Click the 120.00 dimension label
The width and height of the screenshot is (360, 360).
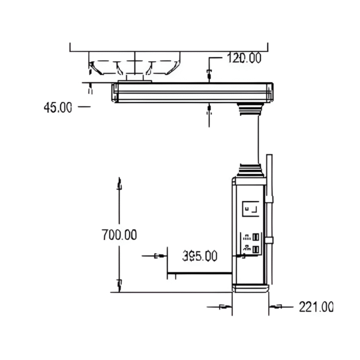click(x=244, y=58)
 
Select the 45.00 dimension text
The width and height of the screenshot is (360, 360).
click(x=58, y=107)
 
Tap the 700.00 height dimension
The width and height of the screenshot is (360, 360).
click(x=119, y=235)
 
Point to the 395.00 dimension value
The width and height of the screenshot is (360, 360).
click(x=200, y=256)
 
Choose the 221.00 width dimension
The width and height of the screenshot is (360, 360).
click(x=316, y=307)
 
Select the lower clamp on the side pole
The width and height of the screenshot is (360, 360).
click(x=269, y=241)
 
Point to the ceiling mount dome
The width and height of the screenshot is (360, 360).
click(x=134, y=65)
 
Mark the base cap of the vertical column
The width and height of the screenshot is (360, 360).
click(x=250, y=288)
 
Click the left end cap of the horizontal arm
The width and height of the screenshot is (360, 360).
click(x=114, y=92)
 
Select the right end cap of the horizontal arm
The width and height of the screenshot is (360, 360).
click(x=270, y=92)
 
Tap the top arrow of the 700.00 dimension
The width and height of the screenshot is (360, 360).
click(x=119, y=185)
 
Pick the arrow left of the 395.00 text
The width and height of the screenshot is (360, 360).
click(x=158, y=256)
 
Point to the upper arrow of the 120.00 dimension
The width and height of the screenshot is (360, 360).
click(x=209, y=74)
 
